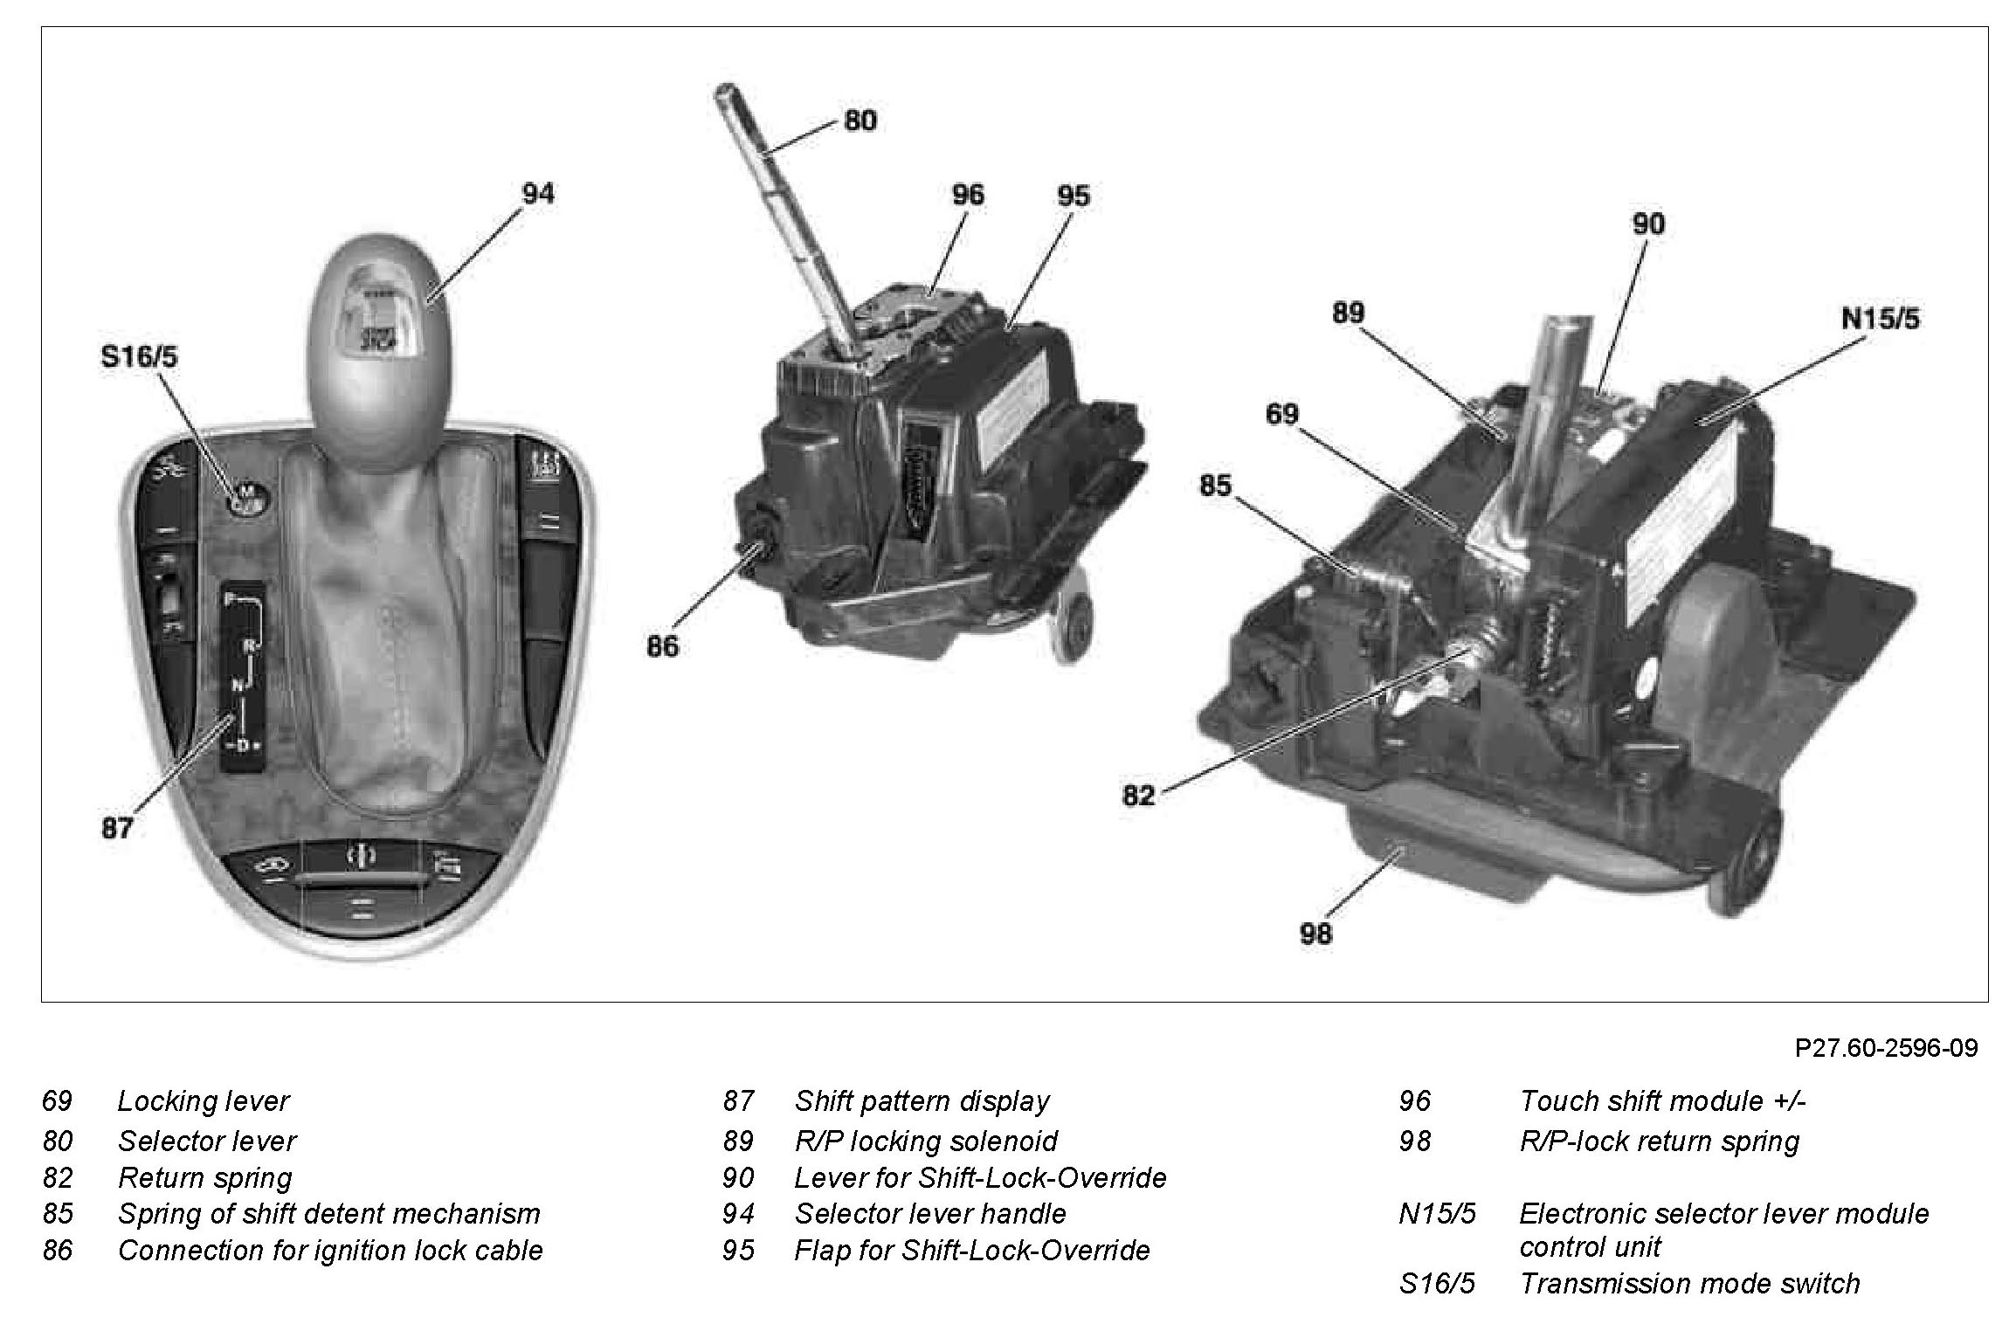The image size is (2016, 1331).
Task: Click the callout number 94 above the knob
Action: (x=537, y=194)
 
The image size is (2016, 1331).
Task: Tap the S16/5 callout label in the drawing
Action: (x=140, y=357)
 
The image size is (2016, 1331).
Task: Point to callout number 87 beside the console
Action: (x=117, y=827)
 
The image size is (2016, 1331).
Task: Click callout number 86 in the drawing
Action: (x=662, y=646)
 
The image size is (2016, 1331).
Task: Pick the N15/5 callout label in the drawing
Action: (x=1880, y=320)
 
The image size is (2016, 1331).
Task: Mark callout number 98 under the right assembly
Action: (x=1315, y=934)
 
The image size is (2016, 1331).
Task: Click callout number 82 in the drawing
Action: (x=1138, y=796)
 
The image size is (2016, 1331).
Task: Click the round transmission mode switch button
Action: (x=246, y=500)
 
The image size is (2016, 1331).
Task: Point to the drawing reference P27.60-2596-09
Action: (x=1886, y=1047)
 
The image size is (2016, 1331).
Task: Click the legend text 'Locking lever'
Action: (x=203, y=1101)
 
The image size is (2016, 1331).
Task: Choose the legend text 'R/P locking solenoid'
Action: (x=925, y=1141)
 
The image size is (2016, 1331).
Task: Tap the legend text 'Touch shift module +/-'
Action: (x=1662, y=1101)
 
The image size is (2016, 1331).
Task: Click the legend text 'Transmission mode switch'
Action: (x=1689, y=1284)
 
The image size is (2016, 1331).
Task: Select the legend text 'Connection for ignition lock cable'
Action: (x=330, y=1251)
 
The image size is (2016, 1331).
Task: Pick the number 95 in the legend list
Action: (x=738, y=1251)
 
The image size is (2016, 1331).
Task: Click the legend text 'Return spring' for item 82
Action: (x=204, y=1178)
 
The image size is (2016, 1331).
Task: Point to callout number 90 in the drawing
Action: (x=1648, y=224)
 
